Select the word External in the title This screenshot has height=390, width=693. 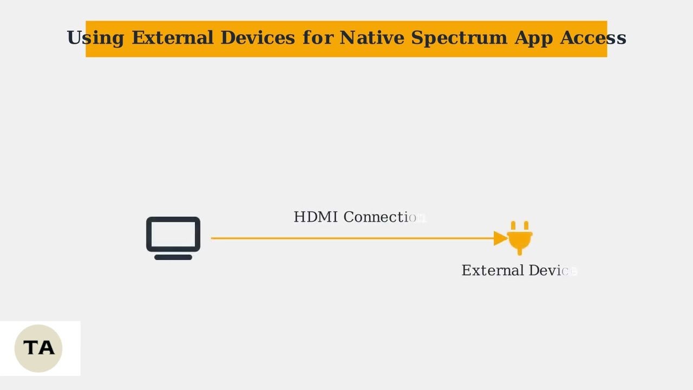(x=173, y=38)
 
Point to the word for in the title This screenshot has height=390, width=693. (x=318, y=38)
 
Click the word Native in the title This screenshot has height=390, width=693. (x=372, y=38)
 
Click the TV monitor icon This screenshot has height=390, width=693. (x=173, y=235)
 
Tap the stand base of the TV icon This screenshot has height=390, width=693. (x=173, y=257)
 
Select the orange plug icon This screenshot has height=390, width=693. (x=520, y=239)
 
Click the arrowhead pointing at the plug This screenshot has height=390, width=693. (x=500, y=238)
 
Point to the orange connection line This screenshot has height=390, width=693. (x=352, y=238)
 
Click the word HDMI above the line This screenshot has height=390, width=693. (x=316, y=217)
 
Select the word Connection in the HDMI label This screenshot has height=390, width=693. (x=384, y=217)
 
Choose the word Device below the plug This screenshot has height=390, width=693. (x=552, y=270)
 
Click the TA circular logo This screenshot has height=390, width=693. (x=38, y=348)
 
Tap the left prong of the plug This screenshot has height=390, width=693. (x=513, y=225)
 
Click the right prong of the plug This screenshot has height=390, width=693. (x=526, y=225)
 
